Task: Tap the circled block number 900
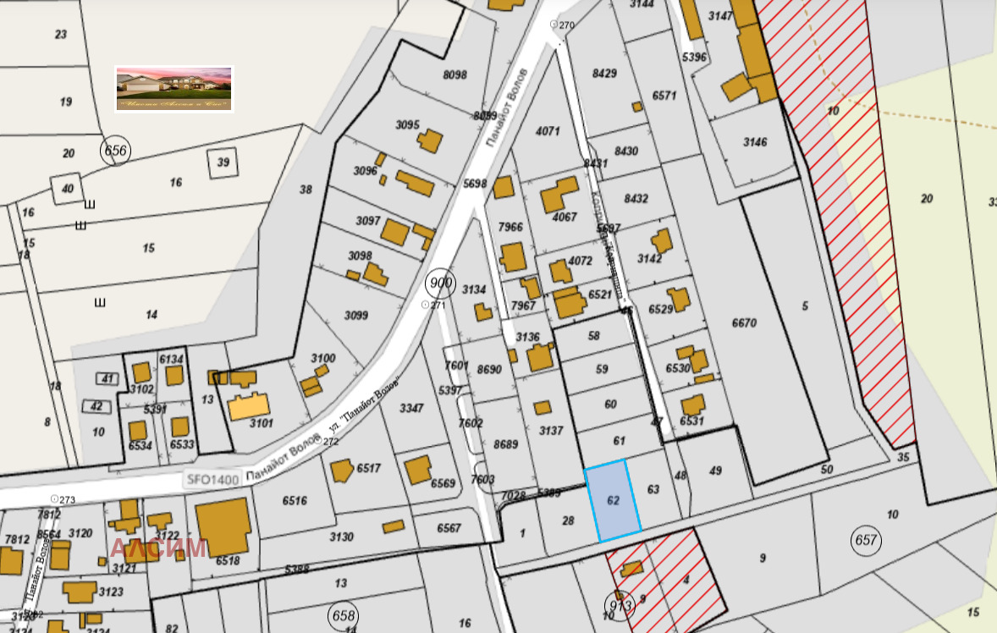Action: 440,283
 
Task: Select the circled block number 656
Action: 115,151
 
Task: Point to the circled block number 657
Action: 867,540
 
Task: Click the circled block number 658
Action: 344,615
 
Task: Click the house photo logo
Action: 174,89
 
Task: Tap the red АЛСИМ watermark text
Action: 158,548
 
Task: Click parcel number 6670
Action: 744,322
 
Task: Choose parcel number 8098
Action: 454,75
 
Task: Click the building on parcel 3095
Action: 429,140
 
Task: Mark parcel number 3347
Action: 411,408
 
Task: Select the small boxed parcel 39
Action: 223,162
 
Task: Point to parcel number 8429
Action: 604,74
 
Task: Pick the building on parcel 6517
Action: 341,471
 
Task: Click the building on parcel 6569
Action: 418,471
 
